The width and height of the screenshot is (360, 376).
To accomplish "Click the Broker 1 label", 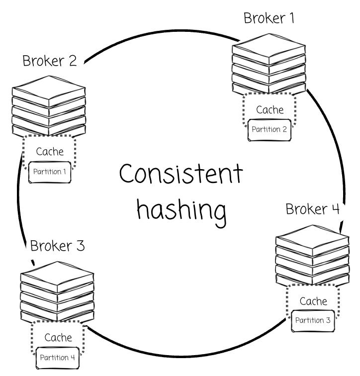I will (x=269, y=18).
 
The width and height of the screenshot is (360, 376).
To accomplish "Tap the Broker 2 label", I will (x=50, y=61).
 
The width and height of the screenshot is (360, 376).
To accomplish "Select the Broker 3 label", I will (x=58, y=246).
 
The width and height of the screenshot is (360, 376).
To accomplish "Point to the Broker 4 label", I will (x=312, y=209).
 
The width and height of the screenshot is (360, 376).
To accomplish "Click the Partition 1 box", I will (x=50, y=172).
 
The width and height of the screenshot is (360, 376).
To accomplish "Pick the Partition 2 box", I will (x=269, y=130).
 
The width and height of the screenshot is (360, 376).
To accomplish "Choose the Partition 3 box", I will (x=313, y=320).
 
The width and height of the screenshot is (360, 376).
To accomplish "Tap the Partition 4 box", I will (x=58, y=358).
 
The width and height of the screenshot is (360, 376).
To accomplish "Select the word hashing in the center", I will (x=181, y=209).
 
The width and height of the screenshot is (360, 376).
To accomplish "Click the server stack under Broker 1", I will (x=269, y=62).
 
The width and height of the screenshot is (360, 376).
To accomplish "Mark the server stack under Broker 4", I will (x=312, y=255).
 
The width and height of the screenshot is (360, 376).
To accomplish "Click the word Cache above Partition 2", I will (x=270, y=110).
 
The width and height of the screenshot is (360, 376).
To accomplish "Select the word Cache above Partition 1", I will (x=50, y=152).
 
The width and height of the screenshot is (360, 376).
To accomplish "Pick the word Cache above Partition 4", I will (x=58, y=338).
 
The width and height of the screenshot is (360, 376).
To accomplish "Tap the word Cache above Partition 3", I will (x=313, y=301).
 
